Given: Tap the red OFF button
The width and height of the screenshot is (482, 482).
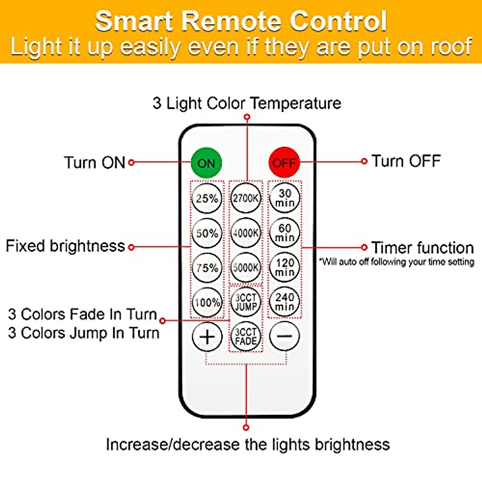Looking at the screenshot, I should click(x=284, y=162).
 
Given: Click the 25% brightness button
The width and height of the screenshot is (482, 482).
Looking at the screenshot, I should click(x=207, y=198).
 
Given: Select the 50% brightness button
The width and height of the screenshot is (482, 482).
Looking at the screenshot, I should click(x=207, y=233).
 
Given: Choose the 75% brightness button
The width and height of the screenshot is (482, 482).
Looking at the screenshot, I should click(x=207, y=268).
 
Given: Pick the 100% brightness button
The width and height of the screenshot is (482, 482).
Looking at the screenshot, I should click(x=207, y=302).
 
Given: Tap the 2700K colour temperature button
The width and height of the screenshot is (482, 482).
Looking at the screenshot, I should click(x=246, y=198).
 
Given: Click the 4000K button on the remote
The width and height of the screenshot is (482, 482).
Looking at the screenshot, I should click(x=246, y=233).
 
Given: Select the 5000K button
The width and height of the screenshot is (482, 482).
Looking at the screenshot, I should click(x=246, y=268).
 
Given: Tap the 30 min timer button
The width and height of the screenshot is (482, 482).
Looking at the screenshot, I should click(x=284, y=198).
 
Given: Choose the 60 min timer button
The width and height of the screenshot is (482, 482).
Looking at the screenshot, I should click(x=284, y=233).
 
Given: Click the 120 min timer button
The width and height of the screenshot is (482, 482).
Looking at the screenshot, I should click(x=284, y=268).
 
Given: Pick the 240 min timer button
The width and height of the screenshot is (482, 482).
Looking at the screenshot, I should click(x=284, y=302).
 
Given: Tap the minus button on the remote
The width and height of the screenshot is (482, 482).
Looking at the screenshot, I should click(x=284, y=336).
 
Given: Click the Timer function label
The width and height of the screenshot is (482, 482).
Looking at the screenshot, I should click(x=422, y=248).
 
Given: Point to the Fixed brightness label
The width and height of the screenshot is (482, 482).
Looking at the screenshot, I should click(x=65, y=246).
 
